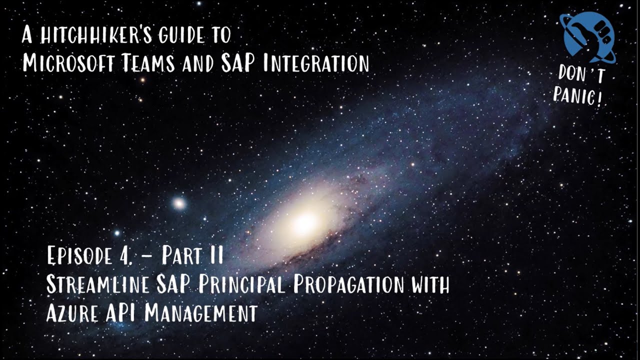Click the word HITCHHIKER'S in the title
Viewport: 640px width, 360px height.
coord(91,36)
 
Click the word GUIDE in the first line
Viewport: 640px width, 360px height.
coord(175,36)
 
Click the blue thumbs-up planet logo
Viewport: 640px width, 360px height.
coord(588,35)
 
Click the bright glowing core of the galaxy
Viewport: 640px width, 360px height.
coord(303,221)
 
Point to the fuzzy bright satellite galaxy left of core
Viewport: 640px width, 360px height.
coord(178,203)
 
